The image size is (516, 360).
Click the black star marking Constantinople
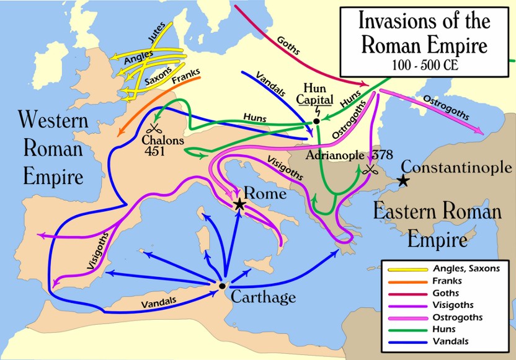(x=403, y=180)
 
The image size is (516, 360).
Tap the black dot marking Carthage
(x=221, y=286)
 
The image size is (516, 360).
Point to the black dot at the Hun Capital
(x=316, y=121)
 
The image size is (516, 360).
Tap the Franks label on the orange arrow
(x=184, y=79)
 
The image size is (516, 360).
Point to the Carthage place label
(x=263, y=297)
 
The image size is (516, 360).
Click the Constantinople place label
(x=456, y=167)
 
